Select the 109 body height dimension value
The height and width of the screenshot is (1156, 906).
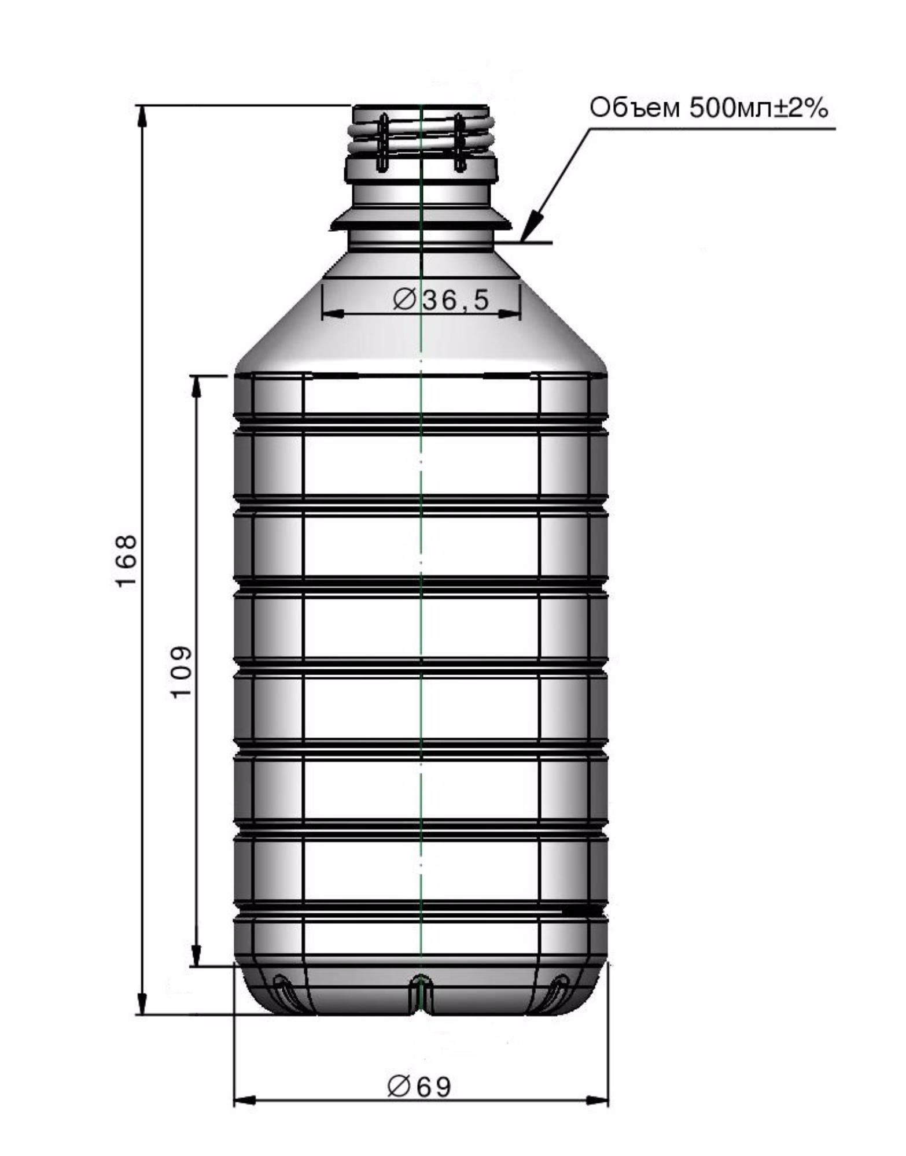(x=181, y=672)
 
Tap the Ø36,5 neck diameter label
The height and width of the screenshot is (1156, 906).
(x=441, y=299)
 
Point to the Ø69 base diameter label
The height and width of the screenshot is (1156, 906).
(x=419, y=1087)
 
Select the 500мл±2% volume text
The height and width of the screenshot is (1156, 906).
(x=758, y=108)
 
